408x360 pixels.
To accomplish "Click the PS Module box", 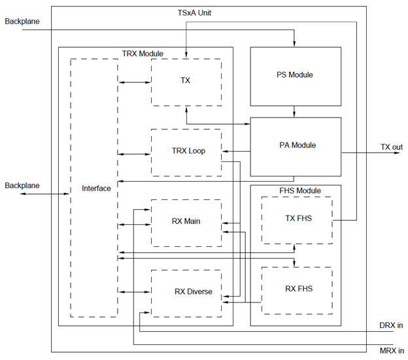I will (295, 75).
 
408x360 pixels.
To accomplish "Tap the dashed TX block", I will (186, 81).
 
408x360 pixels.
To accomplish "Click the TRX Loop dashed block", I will (186, 151).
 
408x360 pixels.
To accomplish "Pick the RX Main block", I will (186, 221).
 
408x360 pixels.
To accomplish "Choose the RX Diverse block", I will (186, 291).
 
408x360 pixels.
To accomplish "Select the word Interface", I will (96, 188).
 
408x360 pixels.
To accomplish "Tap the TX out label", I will (391, 147).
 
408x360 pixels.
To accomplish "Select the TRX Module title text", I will (143, 53).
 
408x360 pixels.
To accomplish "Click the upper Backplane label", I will (22, 22).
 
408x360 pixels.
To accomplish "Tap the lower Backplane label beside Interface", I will (22, 186).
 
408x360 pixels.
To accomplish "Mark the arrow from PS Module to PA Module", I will (295, 111).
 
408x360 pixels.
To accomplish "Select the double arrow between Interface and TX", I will (135, 82).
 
